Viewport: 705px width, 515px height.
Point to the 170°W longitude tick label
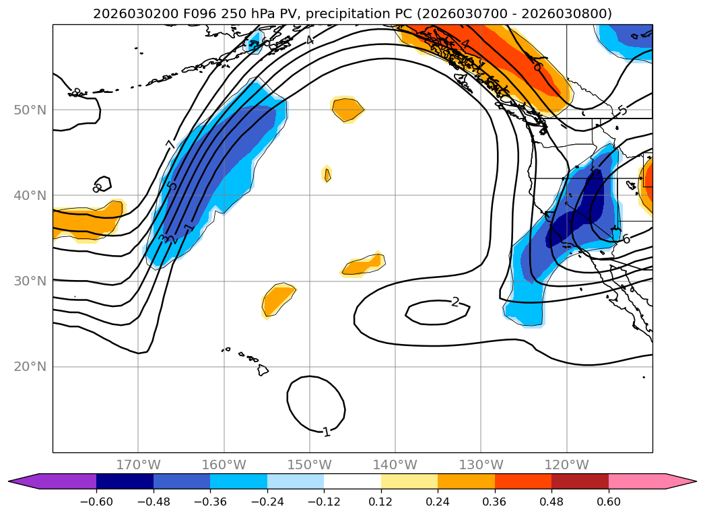(x=138, y=465)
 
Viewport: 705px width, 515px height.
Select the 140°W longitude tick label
(x=395, y=465)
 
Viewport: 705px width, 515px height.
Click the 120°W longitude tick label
(x=566, y=465)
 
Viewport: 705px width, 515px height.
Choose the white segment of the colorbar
(x=352, y=481)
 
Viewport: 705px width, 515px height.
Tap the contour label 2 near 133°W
(x=455, y=302)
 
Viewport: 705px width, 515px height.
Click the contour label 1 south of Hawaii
(x=327, y=432)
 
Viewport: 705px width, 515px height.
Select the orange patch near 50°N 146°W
(x=347, y=109)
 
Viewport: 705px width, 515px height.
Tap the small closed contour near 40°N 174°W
(x=102, y=184)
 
